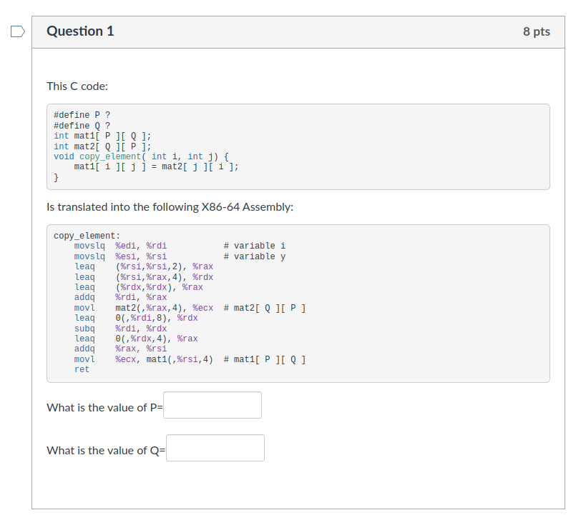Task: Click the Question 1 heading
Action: point(80,31)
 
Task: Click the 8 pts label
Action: point(537,32)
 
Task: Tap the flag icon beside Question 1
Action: point(18,31)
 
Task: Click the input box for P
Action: point(213,405)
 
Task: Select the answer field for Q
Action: point(215,448)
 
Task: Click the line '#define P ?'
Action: point(82,115)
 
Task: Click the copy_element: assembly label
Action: point(87,236)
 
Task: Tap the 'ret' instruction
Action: point(82,369)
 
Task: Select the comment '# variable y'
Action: point(254,256)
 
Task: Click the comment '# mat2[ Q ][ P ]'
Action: point(265,308)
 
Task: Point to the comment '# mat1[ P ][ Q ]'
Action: point(265,359)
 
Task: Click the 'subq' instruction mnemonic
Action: point(84,329)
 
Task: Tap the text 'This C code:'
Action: point(77,86)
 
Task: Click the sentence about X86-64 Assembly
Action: point(170,207)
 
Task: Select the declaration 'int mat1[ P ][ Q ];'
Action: point(102,136)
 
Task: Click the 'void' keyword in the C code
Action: point(64,156)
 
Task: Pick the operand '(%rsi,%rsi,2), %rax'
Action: point(164,266)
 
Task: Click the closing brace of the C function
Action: point(57,177)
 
